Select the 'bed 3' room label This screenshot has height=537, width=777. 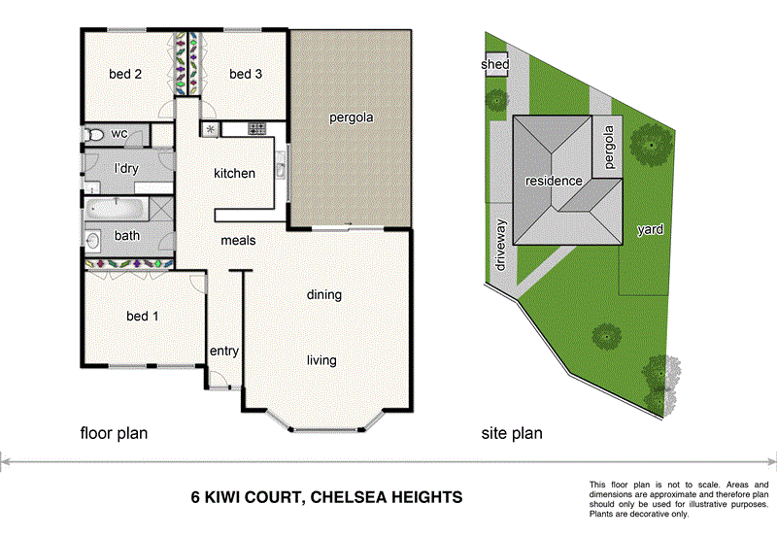tap(246, 74)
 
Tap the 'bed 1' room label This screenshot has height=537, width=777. tap(142, 317)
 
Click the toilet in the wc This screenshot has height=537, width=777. tap(93, 134)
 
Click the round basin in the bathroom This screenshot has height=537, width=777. tap(94, 238)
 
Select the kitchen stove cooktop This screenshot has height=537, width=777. tap(257, 129)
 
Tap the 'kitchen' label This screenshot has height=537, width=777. tap(234, 174)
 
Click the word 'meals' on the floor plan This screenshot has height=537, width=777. tap(238, 240)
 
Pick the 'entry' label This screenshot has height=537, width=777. tap(224, 352)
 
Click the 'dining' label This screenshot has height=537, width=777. tap(324, 295)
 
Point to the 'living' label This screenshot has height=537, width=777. tap(321, 360)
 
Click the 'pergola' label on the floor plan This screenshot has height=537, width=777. tap(351, 117)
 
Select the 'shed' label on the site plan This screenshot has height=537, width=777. tap(495, 65)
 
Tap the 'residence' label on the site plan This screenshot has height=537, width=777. tap(554, 181)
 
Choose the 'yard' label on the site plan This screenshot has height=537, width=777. tap(650, 230)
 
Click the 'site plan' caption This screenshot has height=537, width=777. tap(513, 433)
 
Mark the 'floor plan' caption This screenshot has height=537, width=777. tap(114, 433)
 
